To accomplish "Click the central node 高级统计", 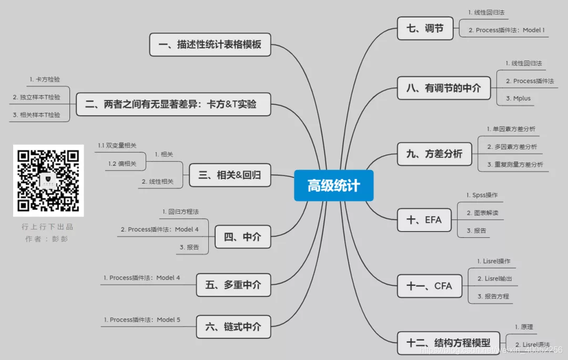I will (333, 185).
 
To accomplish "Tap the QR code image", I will (48, 181).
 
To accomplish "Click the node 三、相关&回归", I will (230, 175).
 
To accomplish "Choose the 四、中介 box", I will (242, 237).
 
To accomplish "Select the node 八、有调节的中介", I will (443, 88).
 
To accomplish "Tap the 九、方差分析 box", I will (434, 154).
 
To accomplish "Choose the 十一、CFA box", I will (429, 286).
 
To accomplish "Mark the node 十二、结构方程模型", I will (448, 343).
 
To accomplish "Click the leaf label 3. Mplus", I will (518, 98).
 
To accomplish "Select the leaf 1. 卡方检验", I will (44, 80).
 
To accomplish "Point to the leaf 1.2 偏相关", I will (122, 164).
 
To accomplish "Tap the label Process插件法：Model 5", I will (141, 319).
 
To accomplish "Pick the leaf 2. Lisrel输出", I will (494, 278).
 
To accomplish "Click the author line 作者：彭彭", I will (47, 238).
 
